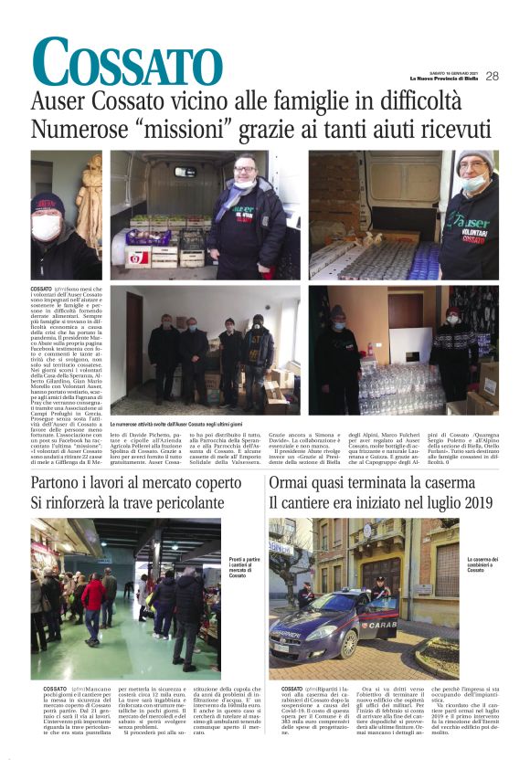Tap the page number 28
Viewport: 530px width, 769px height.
[492, 76]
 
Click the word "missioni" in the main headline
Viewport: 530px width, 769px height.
[191, 132]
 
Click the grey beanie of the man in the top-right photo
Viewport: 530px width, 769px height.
[474, 159]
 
